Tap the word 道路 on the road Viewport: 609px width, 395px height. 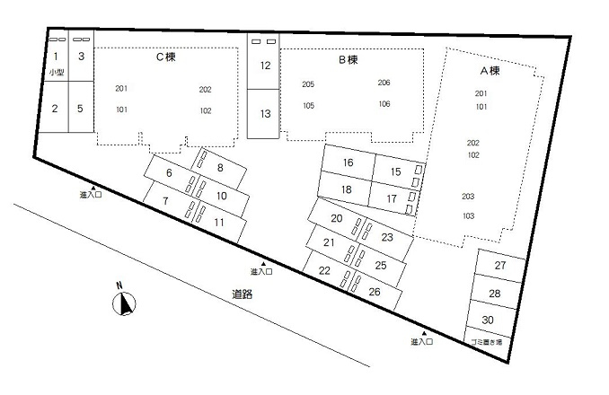coord(243,294)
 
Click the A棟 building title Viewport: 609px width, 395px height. coord(490,69)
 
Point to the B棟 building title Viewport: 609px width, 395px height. coord(348,60)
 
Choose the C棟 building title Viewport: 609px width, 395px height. coord(165,57)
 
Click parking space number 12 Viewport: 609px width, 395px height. coord(265,66)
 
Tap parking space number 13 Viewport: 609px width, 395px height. coord(265,114)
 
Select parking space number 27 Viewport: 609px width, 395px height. coord(500,267)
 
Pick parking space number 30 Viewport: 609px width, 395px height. coord(487,320)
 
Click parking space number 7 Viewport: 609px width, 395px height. coord(166,200)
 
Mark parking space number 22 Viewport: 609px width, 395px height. coord(324,270)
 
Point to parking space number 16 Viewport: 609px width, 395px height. coord(348,163)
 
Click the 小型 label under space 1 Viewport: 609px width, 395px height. coord(56,72)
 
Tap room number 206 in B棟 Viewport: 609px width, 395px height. coord(384,83)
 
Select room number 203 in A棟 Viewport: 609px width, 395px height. coord(467,196)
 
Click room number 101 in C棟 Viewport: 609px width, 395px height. coord(122,110)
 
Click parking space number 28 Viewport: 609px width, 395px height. coord(494,294)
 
